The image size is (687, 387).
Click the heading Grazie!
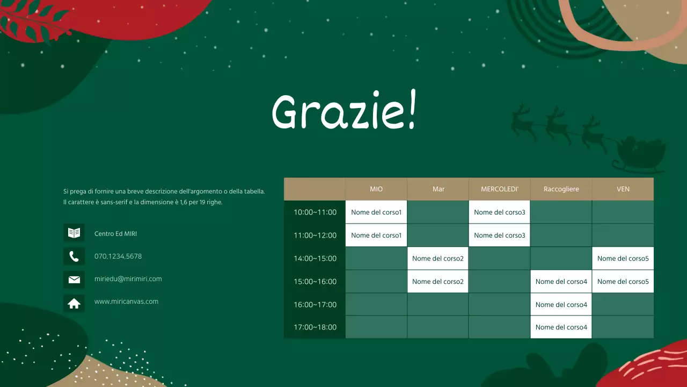point(343,112)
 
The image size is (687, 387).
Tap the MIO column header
point(376,189)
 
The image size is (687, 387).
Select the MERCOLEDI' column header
point(499,189)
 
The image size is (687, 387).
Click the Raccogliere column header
point(561,189)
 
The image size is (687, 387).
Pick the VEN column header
point(623,189)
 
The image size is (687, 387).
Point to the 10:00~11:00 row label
point(315,212)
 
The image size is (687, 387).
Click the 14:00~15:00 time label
point(315,259)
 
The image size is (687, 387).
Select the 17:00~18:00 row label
point(315,327)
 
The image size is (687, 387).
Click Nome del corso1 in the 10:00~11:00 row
point(376,212)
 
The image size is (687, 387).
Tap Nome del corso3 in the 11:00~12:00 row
point(499,235)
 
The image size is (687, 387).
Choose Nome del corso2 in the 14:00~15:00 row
point(437,259)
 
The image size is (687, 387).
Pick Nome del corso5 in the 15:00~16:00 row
point(623,282)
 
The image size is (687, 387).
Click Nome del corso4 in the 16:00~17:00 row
point(561,305)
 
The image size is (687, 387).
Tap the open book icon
point(74,233)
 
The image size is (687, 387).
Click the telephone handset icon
point(74,256)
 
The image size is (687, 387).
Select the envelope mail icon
point(74,279)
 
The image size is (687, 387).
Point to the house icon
point(74,304)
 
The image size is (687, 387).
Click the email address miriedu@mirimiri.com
point(128,279)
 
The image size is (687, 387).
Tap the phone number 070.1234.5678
point(118,256)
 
